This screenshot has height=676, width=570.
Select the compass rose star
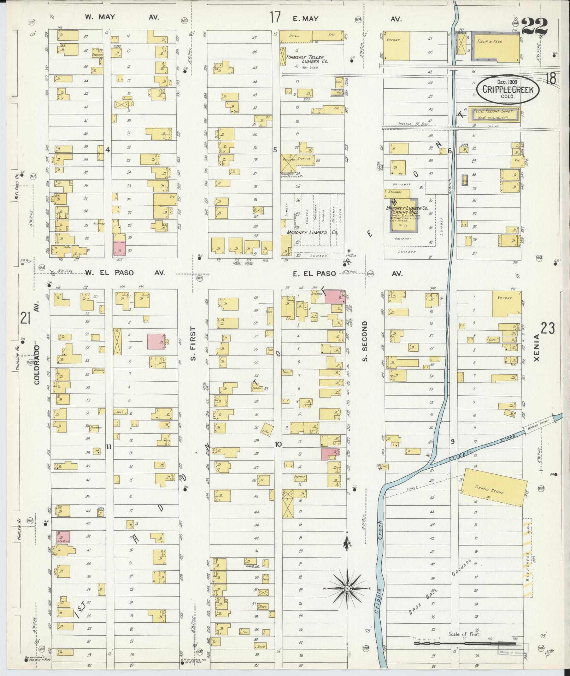click(x=347, y=588)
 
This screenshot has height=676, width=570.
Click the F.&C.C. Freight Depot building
click(x=494, y=114)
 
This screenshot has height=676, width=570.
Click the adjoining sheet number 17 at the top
click(x=276, y=17)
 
